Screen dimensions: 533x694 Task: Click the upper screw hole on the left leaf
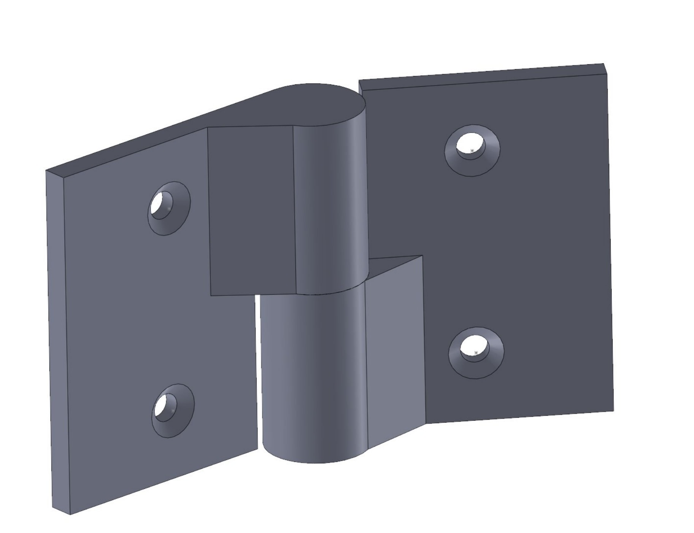168,208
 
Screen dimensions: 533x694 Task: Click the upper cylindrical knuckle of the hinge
330,209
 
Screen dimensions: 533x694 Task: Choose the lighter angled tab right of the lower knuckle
394,350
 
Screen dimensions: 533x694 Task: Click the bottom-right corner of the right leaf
613,411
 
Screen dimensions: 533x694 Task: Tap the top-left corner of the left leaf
46,170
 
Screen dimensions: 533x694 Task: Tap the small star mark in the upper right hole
472,151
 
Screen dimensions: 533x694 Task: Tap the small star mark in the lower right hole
476,353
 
